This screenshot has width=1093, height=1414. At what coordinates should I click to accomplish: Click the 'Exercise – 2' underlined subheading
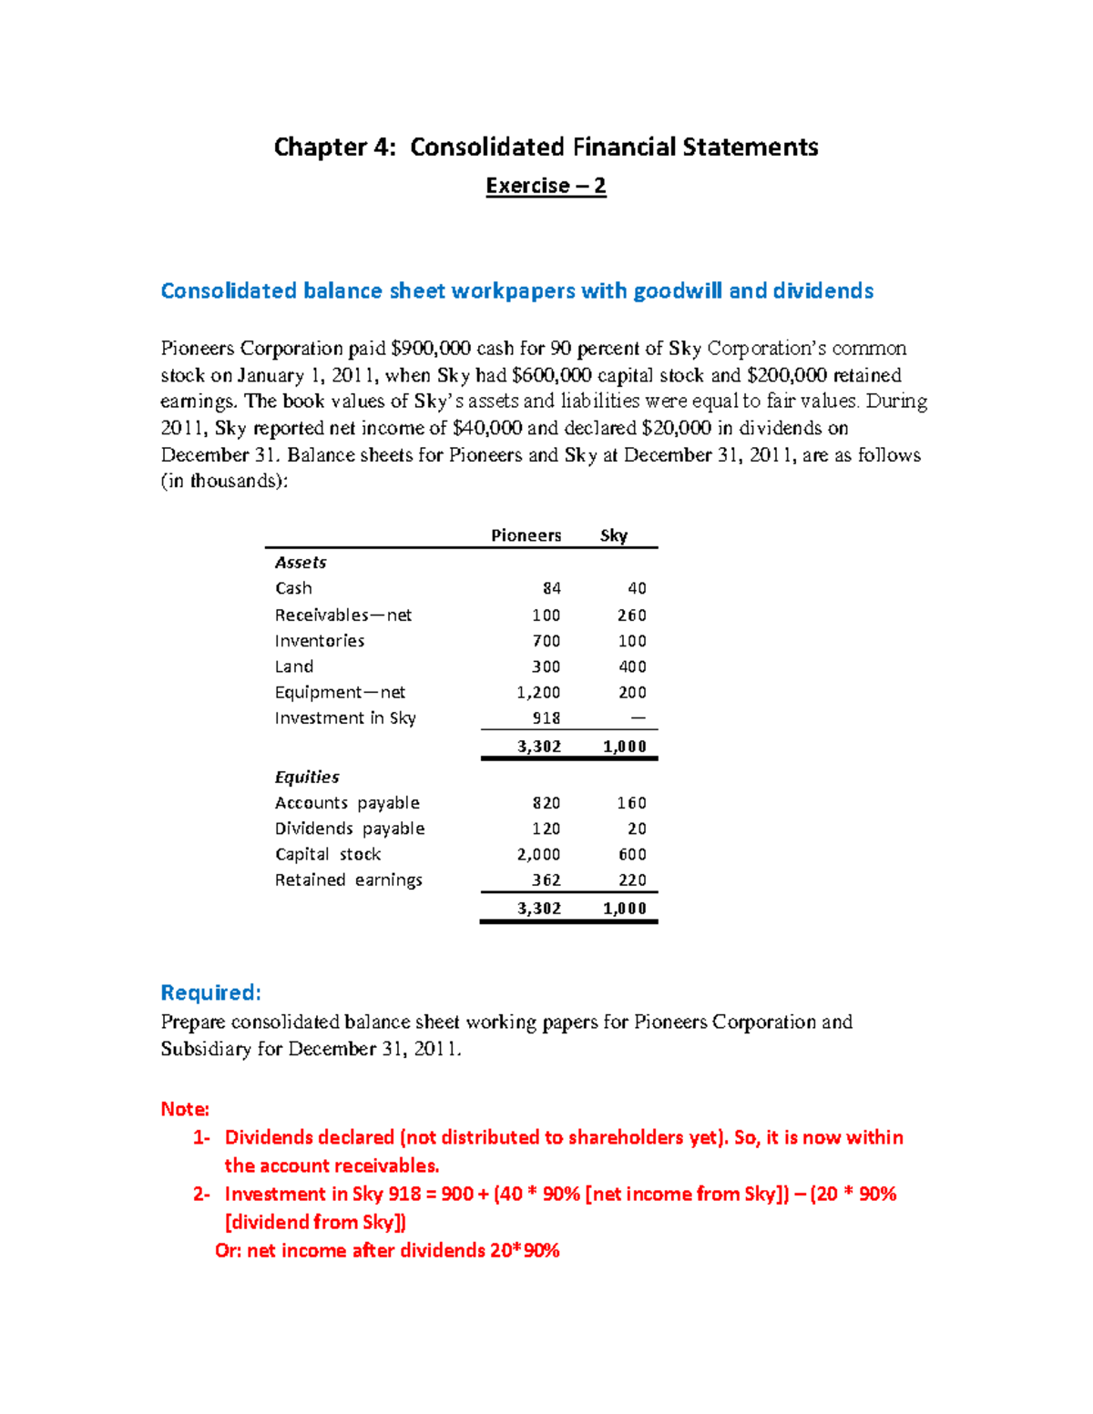tap(546, 186)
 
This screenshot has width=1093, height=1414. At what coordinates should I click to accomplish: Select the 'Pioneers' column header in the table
tap(526, 535)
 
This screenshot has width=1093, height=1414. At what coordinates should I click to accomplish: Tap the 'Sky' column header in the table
tap(614, 535)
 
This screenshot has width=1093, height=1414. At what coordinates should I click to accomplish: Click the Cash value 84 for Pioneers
tap(552, 588)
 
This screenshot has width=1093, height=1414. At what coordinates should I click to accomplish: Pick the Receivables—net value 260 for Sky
tap(631, 615)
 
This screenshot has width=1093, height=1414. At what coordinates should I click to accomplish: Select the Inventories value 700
tap(546, 641)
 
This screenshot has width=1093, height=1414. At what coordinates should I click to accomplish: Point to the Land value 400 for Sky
tap(632, 666)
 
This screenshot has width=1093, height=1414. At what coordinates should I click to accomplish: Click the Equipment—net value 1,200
tap(538, 692)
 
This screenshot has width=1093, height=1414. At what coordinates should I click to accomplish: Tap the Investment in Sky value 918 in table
tap(546, 718)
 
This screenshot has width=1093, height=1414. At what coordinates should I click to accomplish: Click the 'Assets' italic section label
tap(301, 563)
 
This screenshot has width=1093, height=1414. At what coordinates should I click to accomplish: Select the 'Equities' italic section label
tap(307, 777)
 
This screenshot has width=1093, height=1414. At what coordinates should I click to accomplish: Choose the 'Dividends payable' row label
tap(350, 829)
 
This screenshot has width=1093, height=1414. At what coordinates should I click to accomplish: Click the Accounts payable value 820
tap(546, 803)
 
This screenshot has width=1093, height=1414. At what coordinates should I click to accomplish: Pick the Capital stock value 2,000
tap(538, 854)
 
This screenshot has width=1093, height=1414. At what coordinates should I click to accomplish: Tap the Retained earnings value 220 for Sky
tap(631, 880)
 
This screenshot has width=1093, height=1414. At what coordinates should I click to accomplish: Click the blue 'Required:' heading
tap(210, 992)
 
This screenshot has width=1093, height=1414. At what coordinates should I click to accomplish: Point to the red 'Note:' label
tap(185, 1109)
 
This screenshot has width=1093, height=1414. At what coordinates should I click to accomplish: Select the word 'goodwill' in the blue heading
tap(677, 290)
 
